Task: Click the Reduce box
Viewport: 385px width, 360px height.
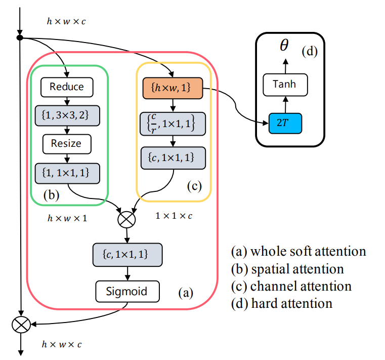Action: [x=67, y=87]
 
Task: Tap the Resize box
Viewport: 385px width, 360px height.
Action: [x=66, y=143]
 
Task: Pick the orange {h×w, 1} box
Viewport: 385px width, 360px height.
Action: [x=173, y=90]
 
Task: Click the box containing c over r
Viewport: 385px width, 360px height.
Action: [x=173, y=123]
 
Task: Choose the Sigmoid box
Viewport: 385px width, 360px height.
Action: [x=127, y=291]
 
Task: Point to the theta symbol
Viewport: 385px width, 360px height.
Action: [x=284, y=46]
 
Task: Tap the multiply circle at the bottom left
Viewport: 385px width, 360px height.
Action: [x=21, y=325]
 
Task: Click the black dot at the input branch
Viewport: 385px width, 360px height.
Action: [x=20, y=37]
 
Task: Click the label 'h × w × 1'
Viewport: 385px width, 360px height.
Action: [x=67, y=219]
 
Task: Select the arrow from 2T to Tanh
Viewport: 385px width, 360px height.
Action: [x=284, y=104]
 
